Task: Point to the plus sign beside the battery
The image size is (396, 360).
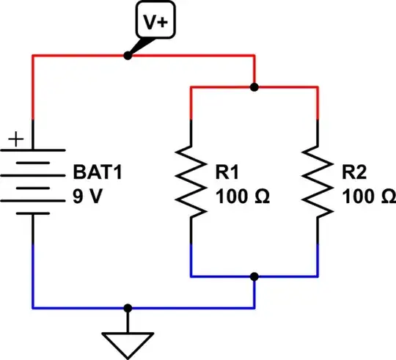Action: [x=17, y=138]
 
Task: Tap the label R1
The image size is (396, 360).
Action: [x=226, y=175]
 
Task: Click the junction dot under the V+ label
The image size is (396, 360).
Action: [x=128, y=56]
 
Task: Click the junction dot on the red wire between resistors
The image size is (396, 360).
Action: [x=254, y=87]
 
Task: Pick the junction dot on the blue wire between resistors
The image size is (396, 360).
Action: [x=254, y=276]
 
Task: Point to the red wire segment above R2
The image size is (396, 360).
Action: [x=318, y=103]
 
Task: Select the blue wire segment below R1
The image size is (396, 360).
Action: [x=191, y=260]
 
